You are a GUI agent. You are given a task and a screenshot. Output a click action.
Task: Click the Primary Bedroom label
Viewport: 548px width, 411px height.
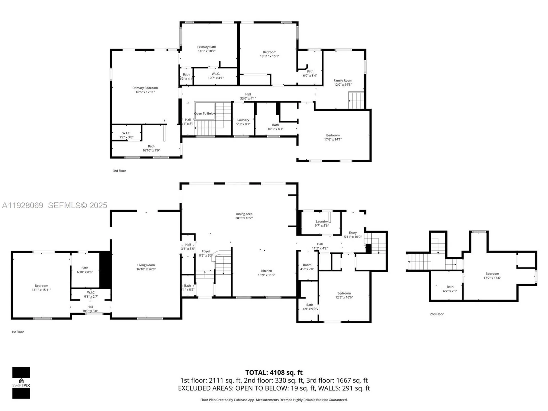(145, 90)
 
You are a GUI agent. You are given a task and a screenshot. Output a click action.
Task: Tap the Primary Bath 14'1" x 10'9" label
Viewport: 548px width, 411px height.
(207, 49)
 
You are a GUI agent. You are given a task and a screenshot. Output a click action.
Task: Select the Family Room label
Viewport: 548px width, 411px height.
(343, 82)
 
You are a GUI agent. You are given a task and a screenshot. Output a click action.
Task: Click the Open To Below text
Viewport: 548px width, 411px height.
(205, 114)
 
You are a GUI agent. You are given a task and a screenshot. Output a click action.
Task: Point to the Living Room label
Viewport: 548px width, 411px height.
(146, 267)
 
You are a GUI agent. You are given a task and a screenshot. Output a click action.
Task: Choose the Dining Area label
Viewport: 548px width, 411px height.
(244, 216)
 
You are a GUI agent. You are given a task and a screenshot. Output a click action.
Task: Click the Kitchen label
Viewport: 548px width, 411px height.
(266, 273)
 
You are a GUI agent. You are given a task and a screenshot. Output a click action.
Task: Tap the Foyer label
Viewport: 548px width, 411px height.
(206, 253)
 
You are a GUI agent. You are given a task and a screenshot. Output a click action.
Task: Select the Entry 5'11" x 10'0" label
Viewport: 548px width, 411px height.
(353, 235)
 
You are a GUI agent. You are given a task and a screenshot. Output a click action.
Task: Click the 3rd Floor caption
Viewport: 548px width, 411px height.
(119, 171)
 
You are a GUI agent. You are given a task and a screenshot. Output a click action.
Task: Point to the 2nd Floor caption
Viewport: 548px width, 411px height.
(437, 314)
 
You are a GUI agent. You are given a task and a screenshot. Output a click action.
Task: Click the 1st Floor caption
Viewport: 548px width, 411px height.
(18, 332)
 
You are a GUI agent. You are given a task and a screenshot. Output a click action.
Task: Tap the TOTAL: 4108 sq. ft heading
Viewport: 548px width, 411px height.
(274, 372)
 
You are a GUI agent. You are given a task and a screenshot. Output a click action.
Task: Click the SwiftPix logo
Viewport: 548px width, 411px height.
(21, 383)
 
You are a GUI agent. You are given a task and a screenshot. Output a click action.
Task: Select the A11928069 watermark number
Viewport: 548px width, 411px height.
(23, 205)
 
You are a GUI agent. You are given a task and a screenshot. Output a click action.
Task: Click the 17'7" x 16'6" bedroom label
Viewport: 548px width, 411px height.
(492, 276)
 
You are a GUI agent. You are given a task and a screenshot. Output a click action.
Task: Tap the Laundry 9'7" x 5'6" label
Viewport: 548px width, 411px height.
(322, 223)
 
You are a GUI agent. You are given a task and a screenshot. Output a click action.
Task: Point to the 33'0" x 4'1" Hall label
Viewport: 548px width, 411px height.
(248, 96)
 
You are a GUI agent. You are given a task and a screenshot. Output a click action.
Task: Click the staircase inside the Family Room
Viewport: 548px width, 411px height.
(356, 100)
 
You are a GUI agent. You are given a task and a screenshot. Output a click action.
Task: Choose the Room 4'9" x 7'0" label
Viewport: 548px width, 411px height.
(307, 267)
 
